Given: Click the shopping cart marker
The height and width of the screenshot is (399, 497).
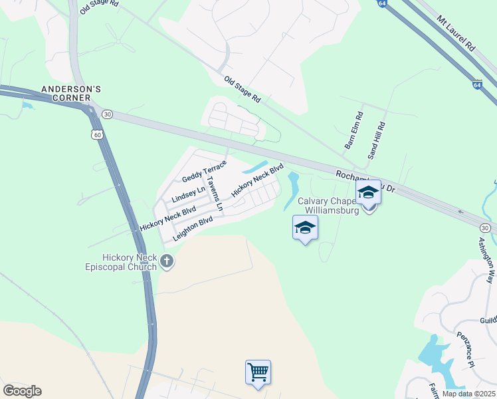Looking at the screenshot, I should [258, 372].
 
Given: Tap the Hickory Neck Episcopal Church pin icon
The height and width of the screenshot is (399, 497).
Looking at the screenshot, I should [167, 262].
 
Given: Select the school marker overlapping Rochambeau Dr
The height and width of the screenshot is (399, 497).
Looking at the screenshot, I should [368, 194].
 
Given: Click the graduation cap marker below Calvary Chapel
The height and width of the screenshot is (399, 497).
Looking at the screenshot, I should [305, 228].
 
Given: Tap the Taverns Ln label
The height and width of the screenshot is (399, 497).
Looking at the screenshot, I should [214, 194].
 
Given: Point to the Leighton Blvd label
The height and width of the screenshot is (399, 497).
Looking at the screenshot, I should [192, 228].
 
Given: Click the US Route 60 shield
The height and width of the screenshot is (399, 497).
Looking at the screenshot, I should [98, 135].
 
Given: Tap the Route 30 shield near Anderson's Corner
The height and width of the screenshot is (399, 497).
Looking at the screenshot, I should [108, 115].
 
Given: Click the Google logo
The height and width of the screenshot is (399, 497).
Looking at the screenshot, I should [22, 391].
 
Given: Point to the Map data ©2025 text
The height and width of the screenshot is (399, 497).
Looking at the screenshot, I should [468, 394].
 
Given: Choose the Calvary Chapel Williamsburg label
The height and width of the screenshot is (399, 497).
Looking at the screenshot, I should [328, 205].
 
